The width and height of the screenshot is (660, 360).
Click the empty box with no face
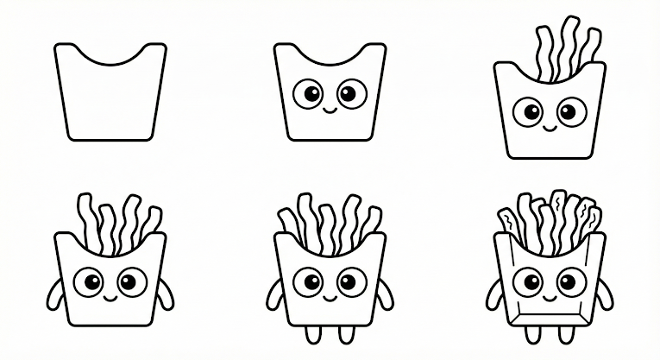point(110,99)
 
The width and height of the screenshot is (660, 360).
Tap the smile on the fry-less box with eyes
point(330,111)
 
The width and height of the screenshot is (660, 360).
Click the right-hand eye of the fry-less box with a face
point(351,93)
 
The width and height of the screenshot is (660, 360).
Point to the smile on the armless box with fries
point(549,129)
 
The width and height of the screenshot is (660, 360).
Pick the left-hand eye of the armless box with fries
point(528,111)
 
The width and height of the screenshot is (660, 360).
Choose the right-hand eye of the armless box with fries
point(570,111)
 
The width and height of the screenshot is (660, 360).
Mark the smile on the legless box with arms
point(110,297)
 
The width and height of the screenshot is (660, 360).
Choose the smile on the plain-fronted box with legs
point(330,297)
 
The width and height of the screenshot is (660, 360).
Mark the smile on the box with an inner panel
point(549,297)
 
